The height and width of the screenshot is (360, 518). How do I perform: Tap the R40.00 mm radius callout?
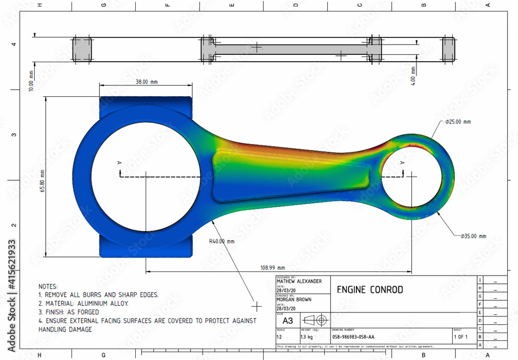tap(222, 241)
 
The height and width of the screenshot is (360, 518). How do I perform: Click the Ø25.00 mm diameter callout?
tap(458, 122)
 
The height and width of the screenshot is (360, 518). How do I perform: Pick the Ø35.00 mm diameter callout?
tap(473, 236)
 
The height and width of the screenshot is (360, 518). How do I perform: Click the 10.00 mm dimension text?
tap(31, 82)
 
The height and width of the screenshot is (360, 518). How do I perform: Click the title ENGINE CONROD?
tap(370, 290)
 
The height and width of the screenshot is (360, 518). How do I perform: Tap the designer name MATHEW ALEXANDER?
tap(299, 281)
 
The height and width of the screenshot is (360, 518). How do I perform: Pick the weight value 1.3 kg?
tap(306, 337)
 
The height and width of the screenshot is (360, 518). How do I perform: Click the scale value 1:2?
tap(280, 337)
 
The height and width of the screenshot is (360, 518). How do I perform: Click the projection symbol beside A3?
tap(314, 319)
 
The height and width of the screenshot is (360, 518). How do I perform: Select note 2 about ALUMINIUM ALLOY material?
tap(83, 304)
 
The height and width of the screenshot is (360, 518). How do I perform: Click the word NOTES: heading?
tap(49, 286)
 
